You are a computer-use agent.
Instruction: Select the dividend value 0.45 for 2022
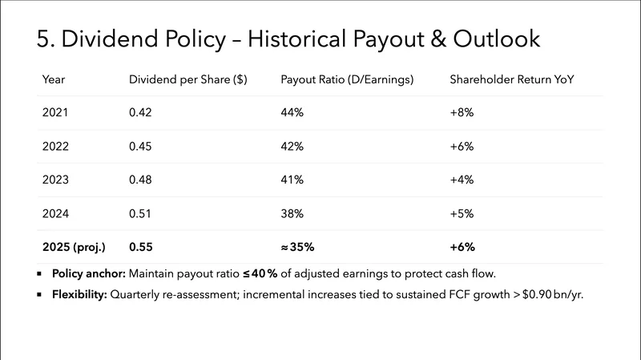[x=139, y=147]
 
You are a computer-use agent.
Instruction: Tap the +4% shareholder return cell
[x=462, y=180]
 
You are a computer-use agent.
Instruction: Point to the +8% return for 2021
[x=462, y=113]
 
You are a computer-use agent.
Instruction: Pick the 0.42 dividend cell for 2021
[x=139, y=113]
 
